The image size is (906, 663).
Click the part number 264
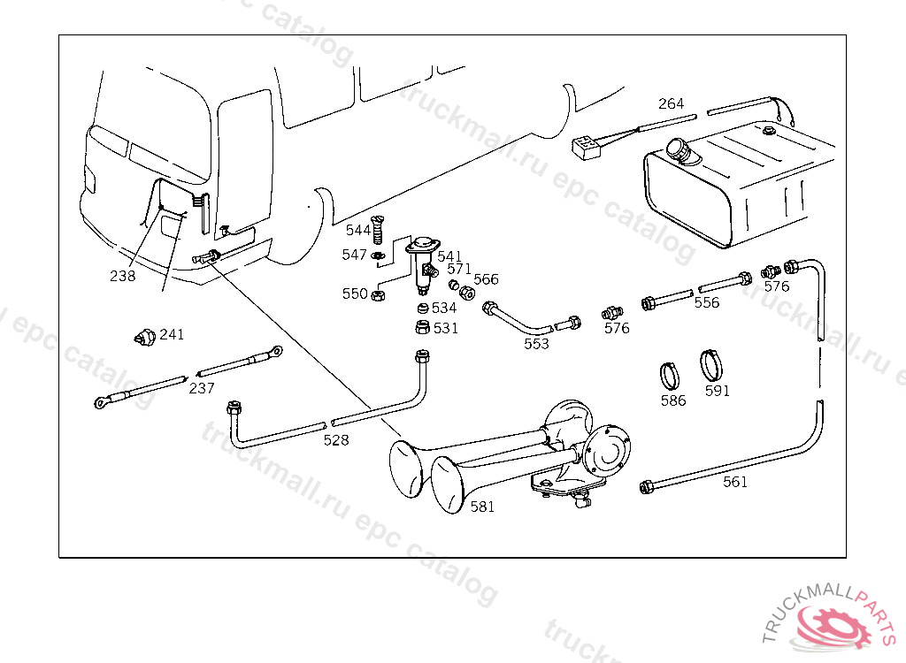click(x=671, y=103)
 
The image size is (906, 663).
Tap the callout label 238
click(x=123, y=276)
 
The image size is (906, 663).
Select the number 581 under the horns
click(x=482, y=507)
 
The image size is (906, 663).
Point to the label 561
click(x=735, y=482)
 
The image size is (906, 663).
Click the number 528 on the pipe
click(x=335, y=439)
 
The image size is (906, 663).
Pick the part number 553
click(x=536, y=344)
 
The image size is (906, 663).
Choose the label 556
click(x=707, y=302)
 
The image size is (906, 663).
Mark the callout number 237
click(x=202, y=387)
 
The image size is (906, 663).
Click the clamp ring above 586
click(x=672, y=375)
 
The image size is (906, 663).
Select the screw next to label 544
click(x=379, y=231)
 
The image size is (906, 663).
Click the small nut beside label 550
click(x=377, y=293)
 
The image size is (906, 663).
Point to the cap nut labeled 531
click(x=424, y=329)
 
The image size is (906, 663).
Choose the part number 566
click(x=486, y=279)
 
